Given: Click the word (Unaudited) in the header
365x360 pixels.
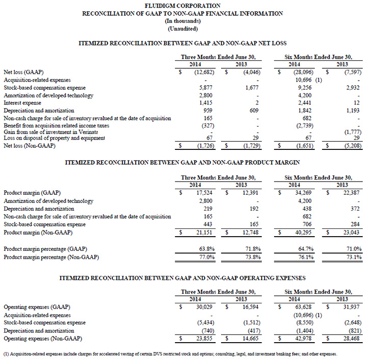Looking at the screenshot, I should click(182, 28).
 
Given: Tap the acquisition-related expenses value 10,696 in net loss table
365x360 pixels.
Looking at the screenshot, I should click(304, 80).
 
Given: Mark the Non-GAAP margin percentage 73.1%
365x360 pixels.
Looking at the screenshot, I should click(351, 256).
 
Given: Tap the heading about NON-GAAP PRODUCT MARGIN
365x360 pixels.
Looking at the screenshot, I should click(182, 162).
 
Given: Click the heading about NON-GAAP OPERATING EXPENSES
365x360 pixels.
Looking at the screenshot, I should click(182, 277).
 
